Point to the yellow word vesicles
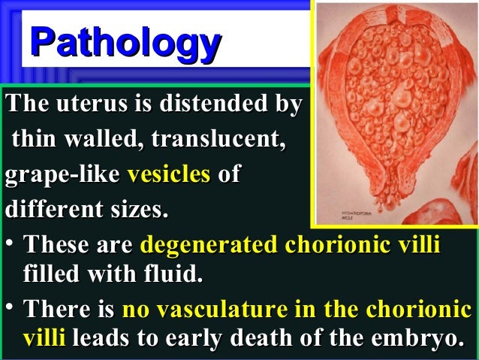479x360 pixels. [x=168, y=175]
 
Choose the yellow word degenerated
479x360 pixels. [x=208, y=245]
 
